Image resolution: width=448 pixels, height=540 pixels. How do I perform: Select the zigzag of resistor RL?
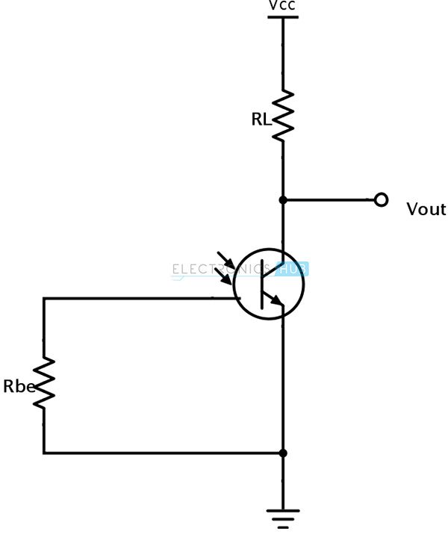point(283,116)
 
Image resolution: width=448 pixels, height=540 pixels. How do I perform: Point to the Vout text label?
point(426,210)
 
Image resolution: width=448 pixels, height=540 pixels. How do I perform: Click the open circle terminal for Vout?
point(382,200)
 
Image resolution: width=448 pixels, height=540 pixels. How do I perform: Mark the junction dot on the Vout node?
point(283,200)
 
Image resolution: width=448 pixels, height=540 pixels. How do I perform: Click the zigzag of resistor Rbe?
point(44,382)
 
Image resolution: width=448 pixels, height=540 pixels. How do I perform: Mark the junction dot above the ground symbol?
point(283,453)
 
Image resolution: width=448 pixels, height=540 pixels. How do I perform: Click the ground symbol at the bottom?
point(283,517)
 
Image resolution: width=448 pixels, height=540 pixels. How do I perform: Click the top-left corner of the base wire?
point(44,299)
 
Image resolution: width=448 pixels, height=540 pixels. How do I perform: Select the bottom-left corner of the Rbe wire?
point(44,453)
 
